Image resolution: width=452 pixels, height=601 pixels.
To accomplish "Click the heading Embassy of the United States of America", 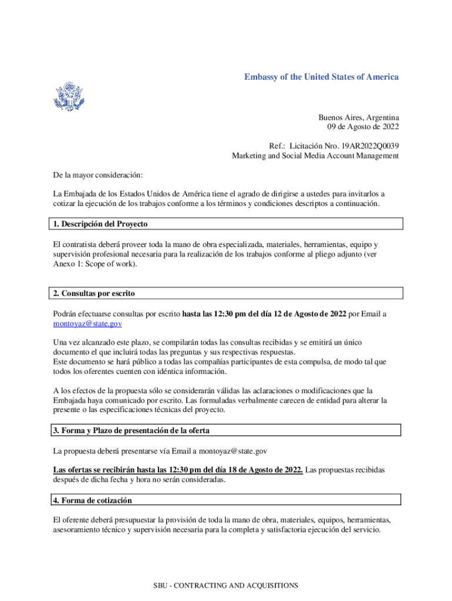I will point(322,77).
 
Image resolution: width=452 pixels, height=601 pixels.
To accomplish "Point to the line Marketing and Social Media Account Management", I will point(315,156).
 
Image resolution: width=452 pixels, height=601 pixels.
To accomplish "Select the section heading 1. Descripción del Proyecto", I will point(100,224).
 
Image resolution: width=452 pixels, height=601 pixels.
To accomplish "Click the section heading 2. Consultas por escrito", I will point(95,293).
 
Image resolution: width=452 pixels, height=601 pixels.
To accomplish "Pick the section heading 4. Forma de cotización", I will point(93,500).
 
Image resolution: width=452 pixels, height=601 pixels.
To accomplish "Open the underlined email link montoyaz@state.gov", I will point(87,323).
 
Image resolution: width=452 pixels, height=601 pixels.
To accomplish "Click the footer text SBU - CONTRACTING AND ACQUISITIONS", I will point(226,585).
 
